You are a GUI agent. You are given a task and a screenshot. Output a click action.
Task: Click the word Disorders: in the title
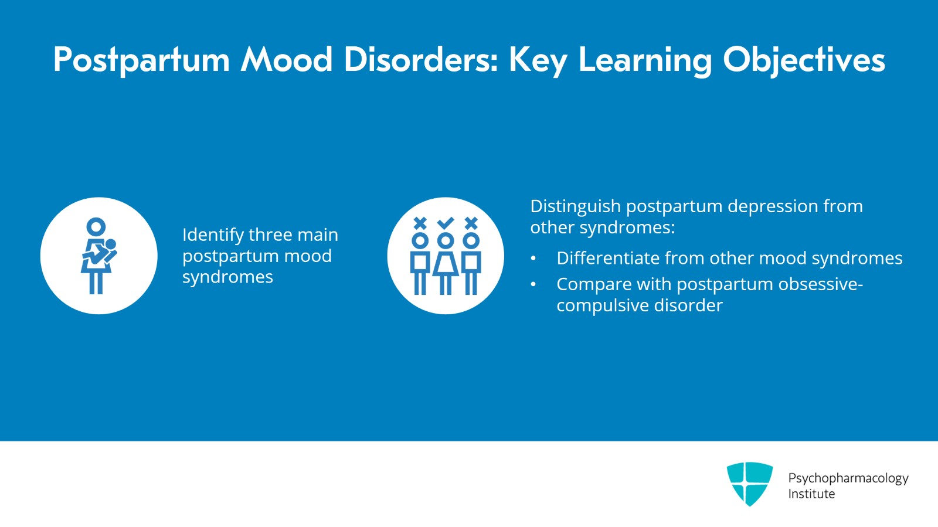tap(422, 59)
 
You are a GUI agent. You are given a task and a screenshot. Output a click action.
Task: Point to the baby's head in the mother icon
tap(110, 244)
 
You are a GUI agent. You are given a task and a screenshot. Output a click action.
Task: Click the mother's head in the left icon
tap(96, 227)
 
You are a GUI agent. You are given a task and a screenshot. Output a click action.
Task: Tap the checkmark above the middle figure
tap(446, 223)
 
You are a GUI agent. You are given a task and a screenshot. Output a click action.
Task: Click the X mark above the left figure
tap(420, 223)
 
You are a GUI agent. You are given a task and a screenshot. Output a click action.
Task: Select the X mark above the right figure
tap(471, 223)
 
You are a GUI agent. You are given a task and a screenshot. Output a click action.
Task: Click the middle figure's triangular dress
tap(446, 264)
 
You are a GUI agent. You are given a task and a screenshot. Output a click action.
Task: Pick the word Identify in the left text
tap(213, 235)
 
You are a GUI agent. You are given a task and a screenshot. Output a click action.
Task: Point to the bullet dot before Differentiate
tap(533, 259)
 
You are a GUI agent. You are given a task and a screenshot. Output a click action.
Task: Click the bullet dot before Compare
tap(533, 284)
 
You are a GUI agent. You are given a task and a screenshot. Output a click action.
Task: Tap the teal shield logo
tap(750, 484)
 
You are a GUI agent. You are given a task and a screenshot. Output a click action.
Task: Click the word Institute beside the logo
tap(811, 494)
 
